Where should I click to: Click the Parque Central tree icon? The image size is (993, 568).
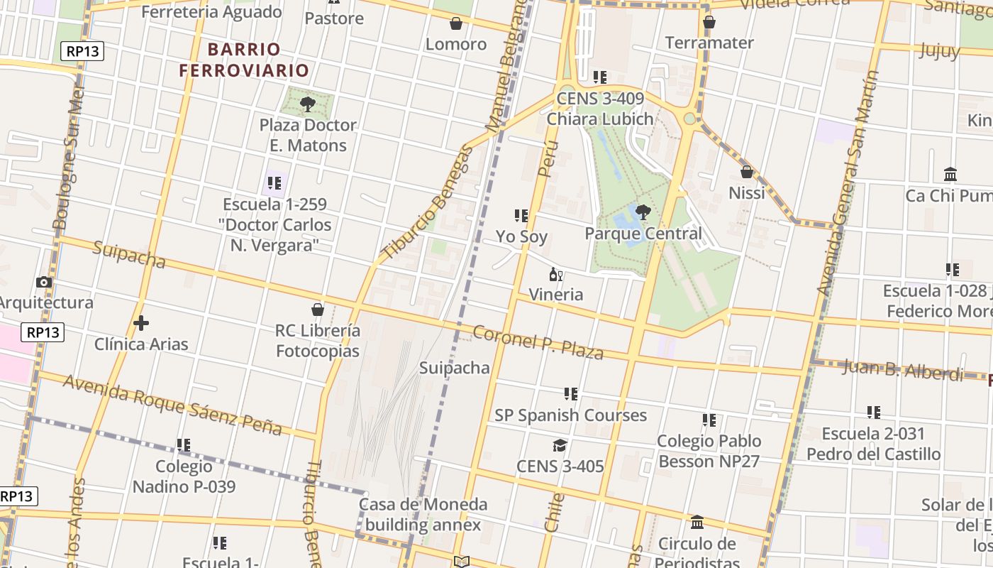(x=643, y=212)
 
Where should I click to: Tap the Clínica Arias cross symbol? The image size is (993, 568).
(x=141, y=323)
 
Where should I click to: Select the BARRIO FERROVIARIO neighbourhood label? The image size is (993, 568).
(x=244, y=60)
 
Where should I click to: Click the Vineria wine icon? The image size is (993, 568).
(x=556, y=274)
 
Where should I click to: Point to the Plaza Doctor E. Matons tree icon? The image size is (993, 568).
(x=308, y=104)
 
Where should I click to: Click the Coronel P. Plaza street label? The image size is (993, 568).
(x=538, y=342)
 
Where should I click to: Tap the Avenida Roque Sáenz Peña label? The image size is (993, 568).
(x=172, y=405)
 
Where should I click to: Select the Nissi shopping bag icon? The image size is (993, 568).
(x=746, y=172)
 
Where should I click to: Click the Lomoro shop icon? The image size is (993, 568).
(x=456, y=23)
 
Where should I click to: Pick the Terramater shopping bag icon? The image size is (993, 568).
(x=709, y=22)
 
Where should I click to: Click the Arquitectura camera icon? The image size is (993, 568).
(x=44, y=282)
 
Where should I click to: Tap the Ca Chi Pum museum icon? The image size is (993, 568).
(x=950, y=175)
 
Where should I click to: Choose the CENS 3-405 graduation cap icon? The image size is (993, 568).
(x=560, y=445)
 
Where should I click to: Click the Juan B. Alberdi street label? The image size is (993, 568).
(x=903, y=370)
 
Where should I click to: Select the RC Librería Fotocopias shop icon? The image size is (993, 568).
(x=318, y=310)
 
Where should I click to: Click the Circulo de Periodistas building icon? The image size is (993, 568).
(x=697, y=523)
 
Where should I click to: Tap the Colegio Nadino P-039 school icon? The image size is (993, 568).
(x=184, y=445)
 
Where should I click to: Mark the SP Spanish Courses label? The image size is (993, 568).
(x=571, y=415)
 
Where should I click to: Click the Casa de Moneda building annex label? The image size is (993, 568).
(x=423, y=515)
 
